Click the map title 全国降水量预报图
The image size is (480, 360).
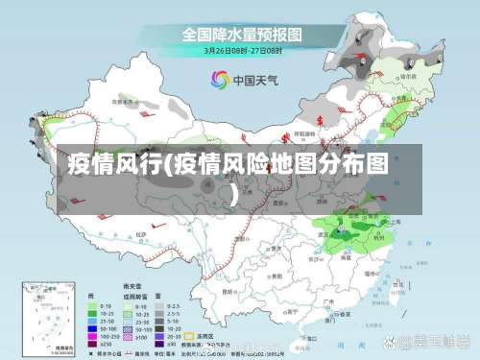pos(242,35)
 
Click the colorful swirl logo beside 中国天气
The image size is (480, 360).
pos(221,79)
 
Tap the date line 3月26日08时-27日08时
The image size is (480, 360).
pos(241,52)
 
